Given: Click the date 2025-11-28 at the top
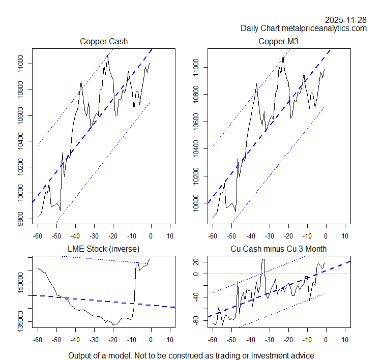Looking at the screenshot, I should click(x=346, y=20).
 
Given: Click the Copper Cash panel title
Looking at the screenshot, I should click(x=104, y=41).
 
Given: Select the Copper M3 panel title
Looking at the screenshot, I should click(x=279, y=41).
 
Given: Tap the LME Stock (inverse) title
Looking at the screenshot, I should click(x=104, y=249).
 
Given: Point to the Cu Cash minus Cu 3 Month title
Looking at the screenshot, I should click(x=279, y=249).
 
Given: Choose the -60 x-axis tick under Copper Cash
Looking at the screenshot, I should click(x=38, y=236).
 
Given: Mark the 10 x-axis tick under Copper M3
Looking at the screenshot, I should click(x=345, y=236).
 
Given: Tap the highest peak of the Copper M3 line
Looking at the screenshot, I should click(x=283, y=55).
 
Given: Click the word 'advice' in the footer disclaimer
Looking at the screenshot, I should click(x=302, y=355).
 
